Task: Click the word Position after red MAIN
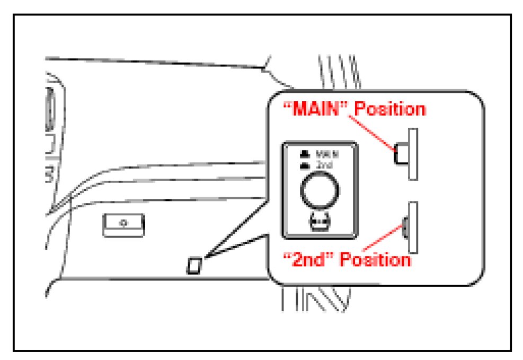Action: (x=389, y=110)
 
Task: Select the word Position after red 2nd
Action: (x=375, y=260)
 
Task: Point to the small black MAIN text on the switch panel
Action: (x=327, y=154)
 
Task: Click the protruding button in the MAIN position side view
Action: (x=401, y=154)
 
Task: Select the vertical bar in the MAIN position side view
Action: (x=413, y=154)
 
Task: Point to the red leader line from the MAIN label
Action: (x=374, y=133)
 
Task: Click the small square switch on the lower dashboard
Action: (x=194, y=265)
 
